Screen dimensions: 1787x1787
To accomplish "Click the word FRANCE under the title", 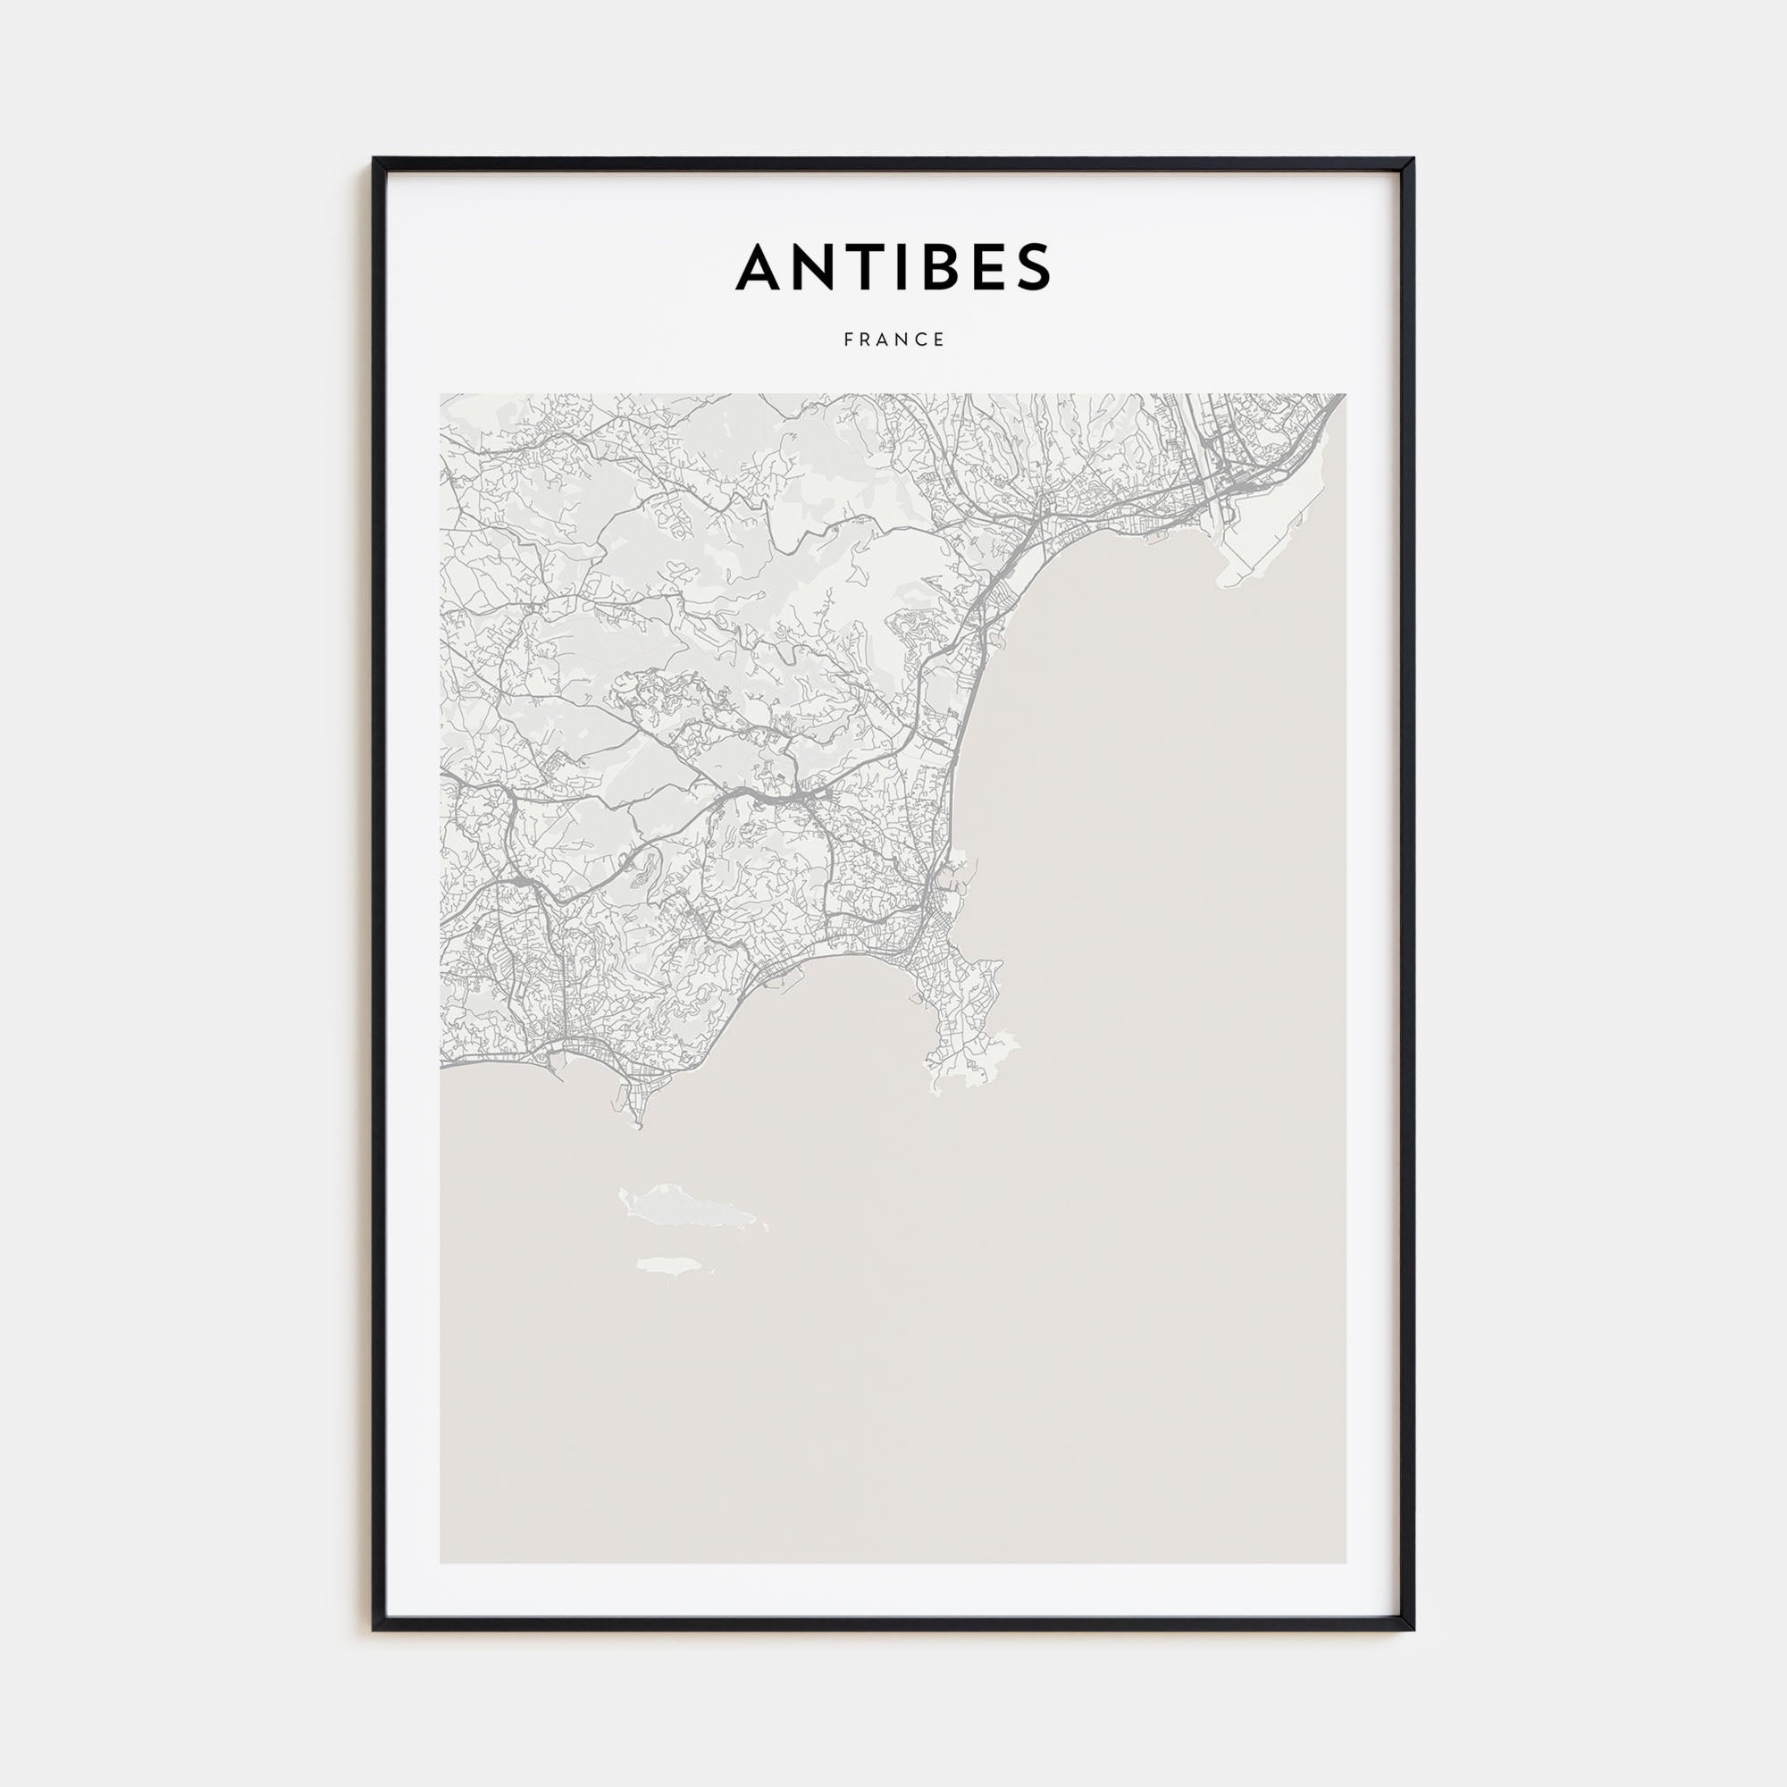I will (893, 340).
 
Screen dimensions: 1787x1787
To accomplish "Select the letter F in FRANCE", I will (848, 340).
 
